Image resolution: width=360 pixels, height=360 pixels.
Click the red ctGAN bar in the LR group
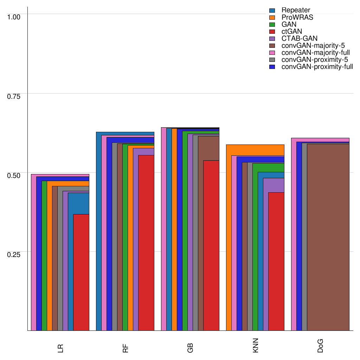tap(81, 272)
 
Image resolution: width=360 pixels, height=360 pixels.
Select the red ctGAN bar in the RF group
tap(146, 243)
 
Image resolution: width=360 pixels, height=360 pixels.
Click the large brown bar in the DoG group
tap(328, 237)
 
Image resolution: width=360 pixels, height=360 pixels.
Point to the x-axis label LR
tap(60, 348)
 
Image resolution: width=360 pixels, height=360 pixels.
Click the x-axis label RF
tap(125, 348)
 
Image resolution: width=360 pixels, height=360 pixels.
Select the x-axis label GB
tap(190, 348)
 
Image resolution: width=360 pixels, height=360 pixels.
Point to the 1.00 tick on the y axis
tap(14, 17)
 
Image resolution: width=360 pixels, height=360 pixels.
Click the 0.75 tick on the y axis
tap(14, 96)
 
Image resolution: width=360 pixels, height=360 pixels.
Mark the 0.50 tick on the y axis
tap(14, 175)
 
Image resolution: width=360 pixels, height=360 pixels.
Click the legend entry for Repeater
tap(296, 10)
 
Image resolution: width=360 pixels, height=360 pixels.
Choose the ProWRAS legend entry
tap(297, 17)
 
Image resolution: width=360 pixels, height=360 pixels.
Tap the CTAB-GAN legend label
tap(299, 38)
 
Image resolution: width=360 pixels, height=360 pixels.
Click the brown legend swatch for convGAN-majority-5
tap(272, 45)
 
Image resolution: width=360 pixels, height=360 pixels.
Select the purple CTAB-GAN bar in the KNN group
tap(274, 185)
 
